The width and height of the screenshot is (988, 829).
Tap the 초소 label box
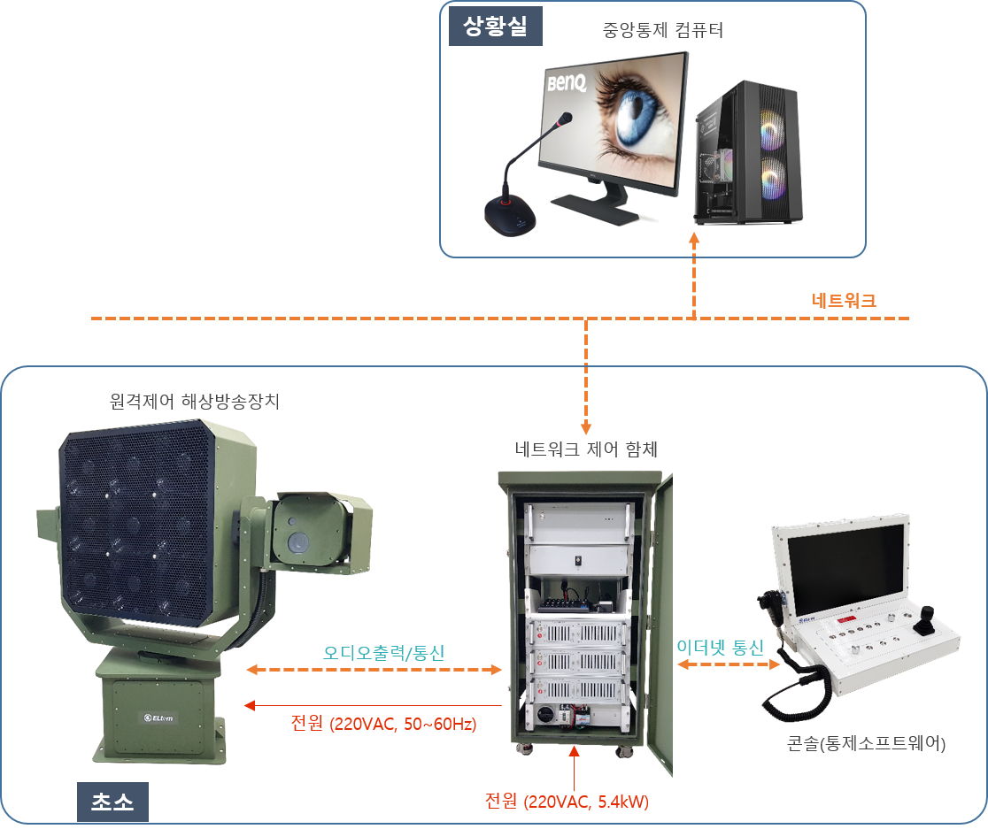[112, 802]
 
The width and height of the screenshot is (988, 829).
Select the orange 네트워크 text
[844, 301]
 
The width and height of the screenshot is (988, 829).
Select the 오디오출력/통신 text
[383, 654]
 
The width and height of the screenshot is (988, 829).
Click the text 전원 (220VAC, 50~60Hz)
[383, 724]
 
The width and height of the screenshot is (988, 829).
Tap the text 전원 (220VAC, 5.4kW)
[567, 802]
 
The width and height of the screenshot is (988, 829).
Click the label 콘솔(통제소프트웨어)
[866, 744]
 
